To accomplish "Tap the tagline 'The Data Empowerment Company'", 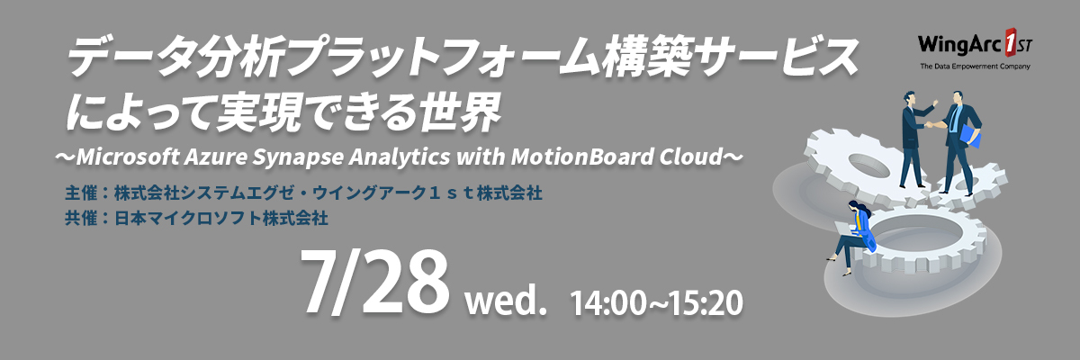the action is [x=975, y=67].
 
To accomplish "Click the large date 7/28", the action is [x=374, y=282].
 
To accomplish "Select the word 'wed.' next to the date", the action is [x=506, y=301].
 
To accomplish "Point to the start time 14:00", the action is [x=607, y=303].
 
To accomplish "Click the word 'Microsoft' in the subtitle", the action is [x=128, y=157].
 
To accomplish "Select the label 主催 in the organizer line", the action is [x=81, y=193].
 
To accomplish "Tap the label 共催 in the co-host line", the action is [x=81, y=219].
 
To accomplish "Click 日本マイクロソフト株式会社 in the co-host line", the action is [x=221, y=219].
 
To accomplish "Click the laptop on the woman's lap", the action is [x=845, y=229].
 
